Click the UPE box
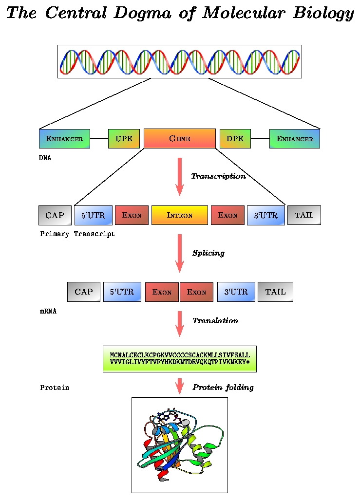[x=124, y=139]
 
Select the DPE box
[x=235, y=139]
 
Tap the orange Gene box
[x=180, y=138]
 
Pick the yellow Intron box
[x=180, y=215]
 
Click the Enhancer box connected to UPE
[x=64, y=139]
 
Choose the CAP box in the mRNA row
[x=83, y=292]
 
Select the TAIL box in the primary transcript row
[x=304, y=215]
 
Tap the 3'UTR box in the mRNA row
[x=236, y=292]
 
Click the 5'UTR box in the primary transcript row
[x=93, y=215]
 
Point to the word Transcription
[x=218, y=176]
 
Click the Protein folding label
[x=223, y=388]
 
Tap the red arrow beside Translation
[x=180, y=324]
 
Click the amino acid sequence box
[x=180, y=359]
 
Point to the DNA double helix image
[x=180, y=61]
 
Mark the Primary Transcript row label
[x=77, y=234]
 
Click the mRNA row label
[x=48, y=311]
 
